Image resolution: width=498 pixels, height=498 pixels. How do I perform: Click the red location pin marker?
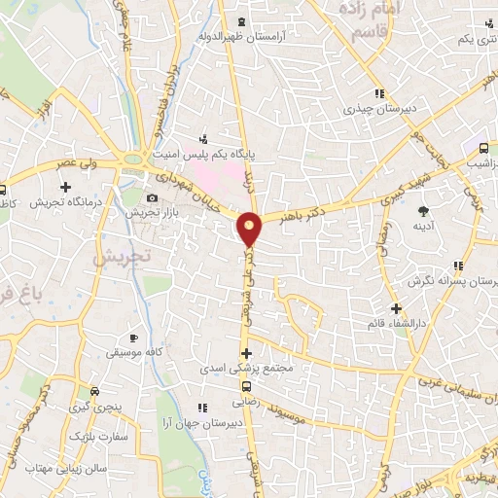click(x=250, y=230)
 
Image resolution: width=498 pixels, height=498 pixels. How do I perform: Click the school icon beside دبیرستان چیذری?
click(x=378, y=94)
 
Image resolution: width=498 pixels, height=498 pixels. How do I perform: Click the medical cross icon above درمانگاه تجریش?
click(x=65, y=187)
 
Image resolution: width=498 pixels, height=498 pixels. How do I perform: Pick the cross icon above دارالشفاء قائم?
click(x=395, y=307)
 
